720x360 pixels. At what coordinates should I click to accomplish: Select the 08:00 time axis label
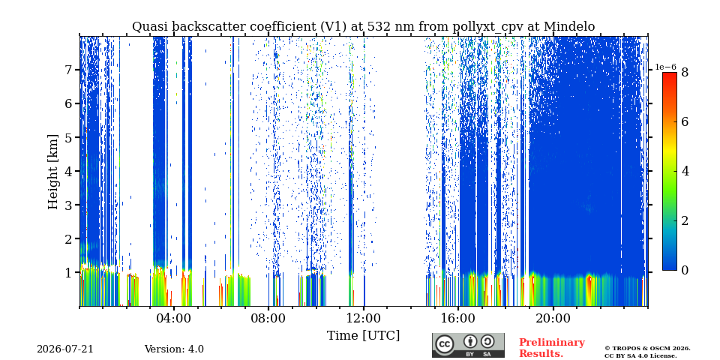(x=269, y=318)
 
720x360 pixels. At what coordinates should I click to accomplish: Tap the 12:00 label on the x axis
(x=364, y=318)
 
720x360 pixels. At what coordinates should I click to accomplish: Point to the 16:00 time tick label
(x=458, y=318)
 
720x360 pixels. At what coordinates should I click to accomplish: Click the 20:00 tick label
(x=553, y=318)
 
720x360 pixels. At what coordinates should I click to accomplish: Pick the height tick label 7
(x=70, y=70)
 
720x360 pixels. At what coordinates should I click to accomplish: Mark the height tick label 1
(x=70, y=272)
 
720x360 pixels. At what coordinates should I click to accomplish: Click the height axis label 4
(x=70, y=171)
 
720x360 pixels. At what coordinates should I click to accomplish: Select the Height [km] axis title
(x=53, y=172)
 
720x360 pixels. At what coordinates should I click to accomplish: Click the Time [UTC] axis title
(x=363, y=336)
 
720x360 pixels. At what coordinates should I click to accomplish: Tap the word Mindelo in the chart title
(x=569, y=27)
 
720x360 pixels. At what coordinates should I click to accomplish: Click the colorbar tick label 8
(x=685, y=73)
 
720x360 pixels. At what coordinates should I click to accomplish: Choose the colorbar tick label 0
(x=685, y=271)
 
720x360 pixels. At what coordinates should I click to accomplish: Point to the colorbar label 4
(x=685, y=172)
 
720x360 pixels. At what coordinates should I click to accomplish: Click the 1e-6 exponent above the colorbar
(x=665, y=67)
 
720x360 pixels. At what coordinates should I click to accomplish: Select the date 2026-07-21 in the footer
(x=65, y=349)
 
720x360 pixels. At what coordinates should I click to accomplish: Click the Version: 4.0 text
(x=174, y=349)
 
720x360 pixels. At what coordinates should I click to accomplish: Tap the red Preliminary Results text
(x=552, y=348)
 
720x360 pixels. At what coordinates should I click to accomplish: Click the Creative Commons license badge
(x=468, y=345)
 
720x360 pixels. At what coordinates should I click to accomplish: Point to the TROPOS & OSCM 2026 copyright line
(x=647, y=349)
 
